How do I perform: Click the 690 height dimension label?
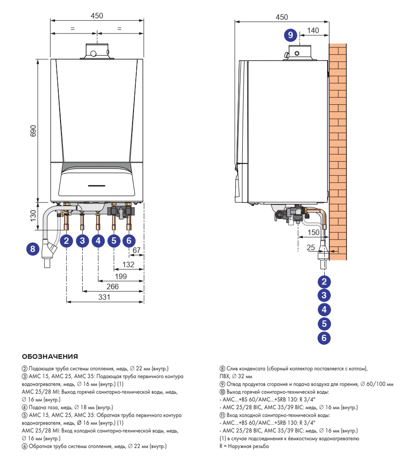point(33,131)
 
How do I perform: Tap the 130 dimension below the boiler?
point(33,216)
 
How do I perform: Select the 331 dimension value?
point(104,297)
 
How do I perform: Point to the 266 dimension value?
point(112,286)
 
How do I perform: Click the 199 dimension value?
point(121,276)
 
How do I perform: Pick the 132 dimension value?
point(128,264)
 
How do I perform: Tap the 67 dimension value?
point(137,250)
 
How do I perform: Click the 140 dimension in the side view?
point(313,30)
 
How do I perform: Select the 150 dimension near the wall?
point(313,233)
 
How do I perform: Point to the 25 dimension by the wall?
point(311,247)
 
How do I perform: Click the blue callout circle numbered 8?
point(33,249)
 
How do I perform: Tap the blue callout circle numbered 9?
point(290,35)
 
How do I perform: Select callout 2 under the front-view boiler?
point(67,241)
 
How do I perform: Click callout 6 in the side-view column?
point(324,338)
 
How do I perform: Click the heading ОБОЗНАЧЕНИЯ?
point(50,357)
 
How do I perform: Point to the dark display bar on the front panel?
point(97,186)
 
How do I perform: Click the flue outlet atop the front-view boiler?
point(97,51)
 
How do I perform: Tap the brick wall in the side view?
point(338,151)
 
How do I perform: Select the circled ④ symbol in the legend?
point(25,408)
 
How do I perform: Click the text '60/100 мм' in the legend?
point(380,384)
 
